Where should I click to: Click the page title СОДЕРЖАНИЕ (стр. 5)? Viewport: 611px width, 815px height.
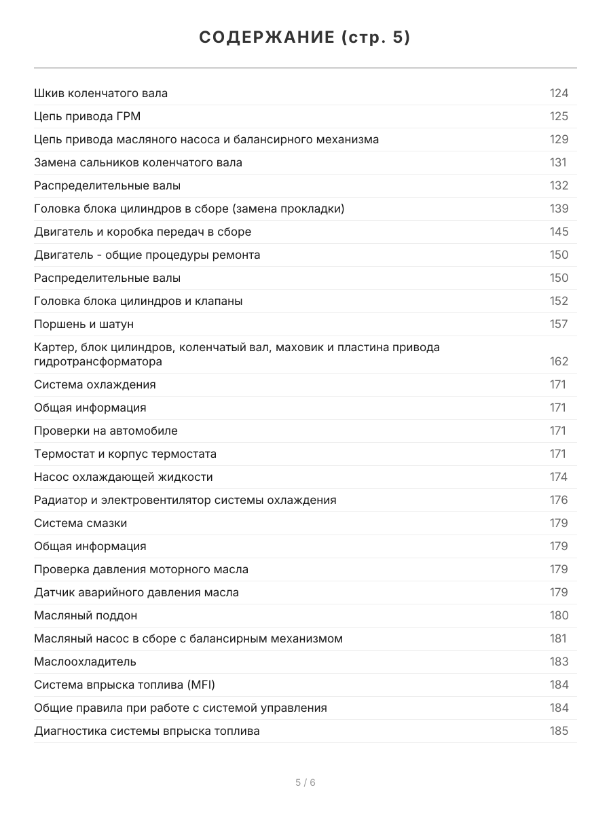click(305, 38)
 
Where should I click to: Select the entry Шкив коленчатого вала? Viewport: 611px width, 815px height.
click(100, 94)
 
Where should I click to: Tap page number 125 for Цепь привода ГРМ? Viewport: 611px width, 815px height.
click(559, 117)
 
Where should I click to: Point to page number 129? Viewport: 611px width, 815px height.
click(559, 140)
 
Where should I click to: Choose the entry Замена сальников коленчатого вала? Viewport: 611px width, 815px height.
click(138, 163)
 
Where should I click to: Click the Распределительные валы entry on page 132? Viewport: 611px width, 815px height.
click(107, 186)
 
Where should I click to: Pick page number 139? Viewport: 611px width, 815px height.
click(559, 209)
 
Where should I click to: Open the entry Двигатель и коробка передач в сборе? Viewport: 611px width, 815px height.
click(143, 232)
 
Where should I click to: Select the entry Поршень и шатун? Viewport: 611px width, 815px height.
click(84, 325)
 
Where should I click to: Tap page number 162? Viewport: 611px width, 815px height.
click(559, 362)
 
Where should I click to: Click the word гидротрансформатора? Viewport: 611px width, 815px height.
click(98, 362)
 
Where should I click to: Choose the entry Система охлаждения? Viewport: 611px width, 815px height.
click(95, 385)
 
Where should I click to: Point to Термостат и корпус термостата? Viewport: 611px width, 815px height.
click(125, 454)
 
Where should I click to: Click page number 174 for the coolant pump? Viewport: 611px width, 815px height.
click(559, 477)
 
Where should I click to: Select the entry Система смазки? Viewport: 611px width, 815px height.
click(80, 524)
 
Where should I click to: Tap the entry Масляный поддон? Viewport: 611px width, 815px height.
click(86, 616)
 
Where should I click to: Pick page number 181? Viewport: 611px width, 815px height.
click(558, 639)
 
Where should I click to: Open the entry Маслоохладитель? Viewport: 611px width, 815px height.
click(85, 662)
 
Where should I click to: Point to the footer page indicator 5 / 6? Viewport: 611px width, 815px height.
click(305, 782)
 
